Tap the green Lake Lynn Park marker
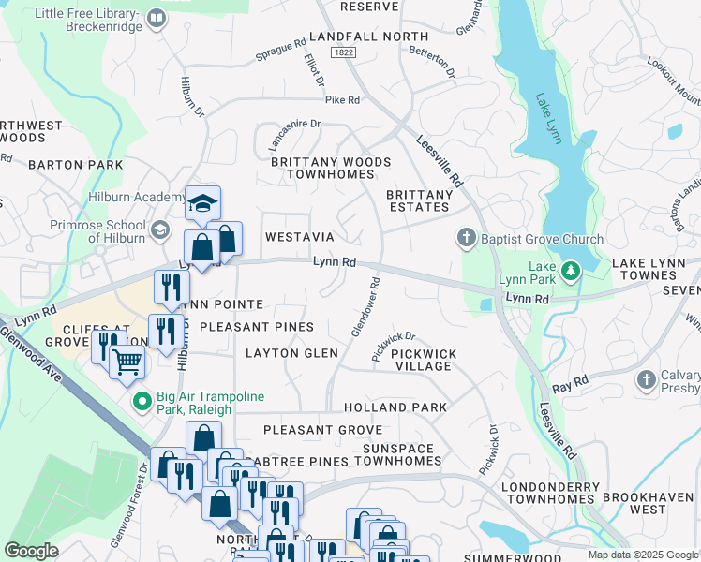pyautogui.click(x=571, y=271)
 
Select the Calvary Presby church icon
pyautogui.click(x=646, y=380)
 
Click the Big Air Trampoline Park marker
pyautogui.click(x=142, y=403)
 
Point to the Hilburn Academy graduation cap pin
pyautogui.click(x=201, y=203)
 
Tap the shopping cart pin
pyautogui.click(x=127, y=360)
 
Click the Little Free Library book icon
pyautogui.click(x=156, y=17)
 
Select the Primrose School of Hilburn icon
pyautogui.click(x=159, y=230)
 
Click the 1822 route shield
pyautogui.click(x=343, y=54)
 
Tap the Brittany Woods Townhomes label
pyautogui.click(x=331, y=169)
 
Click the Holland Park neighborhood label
pyautogui.click(x=395, y=407)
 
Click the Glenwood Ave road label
pyautogui.click(x=35, y=355)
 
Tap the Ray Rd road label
pyautogui.click(x=569, y=383)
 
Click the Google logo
pyautogui.click(x=32, y=550)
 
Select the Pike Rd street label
pyautogui.click(x=342, y=99)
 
